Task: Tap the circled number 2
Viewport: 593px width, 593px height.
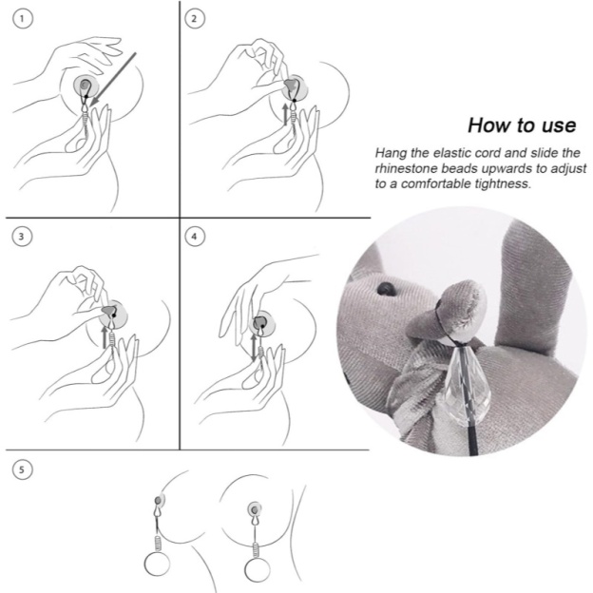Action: point(196,18)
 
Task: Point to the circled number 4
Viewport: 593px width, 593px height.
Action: point(196,235)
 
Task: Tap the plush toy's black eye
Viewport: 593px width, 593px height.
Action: point(387,286)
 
